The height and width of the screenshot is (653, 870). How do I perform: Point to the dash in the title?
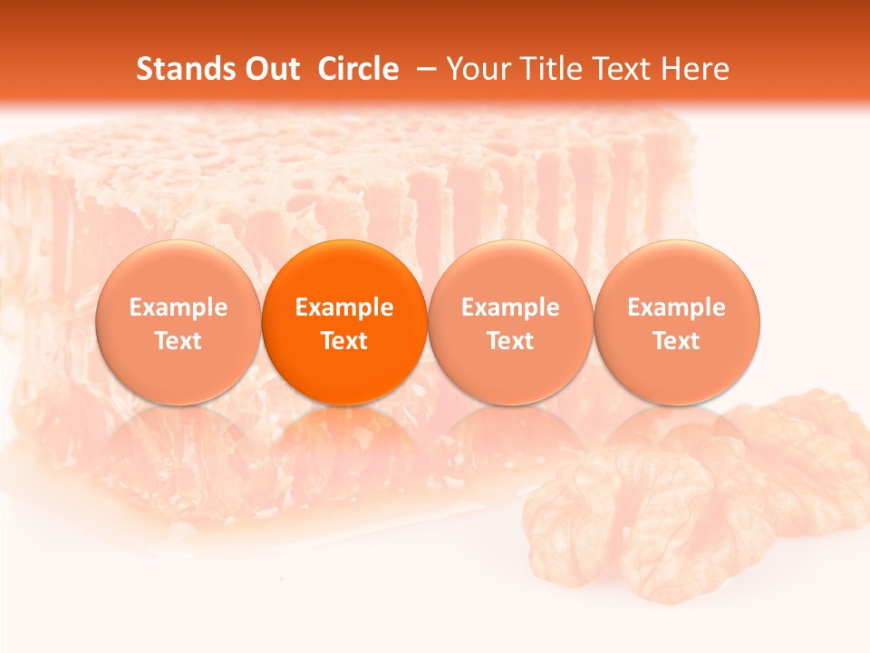(424, 70)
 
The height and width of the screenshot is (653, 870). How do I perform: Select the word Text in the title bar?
(625, 69)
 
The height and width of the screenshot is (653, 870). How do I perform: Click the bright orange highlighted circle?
(344, 322)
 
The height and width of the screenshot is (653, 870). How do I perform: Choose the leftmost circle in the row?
(178, 322)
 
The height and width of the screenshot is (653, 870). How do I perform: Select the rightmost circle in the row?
(677, 322)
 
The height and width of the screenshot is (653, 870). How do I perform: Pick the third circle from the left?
(510, 322)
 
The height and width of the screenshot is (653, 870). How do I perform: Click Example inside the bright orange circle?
(344, 307)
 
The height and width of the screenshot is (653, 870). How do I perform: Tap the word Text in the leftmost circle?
(178, 341)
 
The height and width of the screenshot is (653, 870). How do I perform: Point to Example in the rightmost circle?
(677, 307)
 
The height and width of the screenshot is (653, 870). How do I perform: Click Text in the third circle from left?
(510, 341)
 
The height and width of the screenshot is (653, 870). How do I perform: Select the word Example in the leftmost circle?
(178, 307)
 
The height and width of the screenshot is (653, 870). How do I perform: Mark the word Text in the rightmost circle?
(677, 341)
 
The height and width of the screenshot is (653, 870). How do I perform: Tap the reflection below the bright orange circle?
(344, 444)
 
